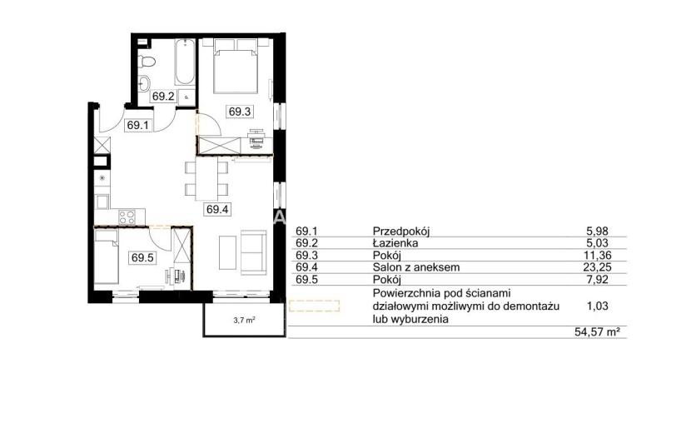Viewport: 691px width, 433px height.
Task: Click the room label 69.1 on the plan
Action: click(x=138, y=125)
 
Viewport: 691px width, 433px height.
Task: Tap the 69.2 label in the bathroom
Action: click(x=163, y=96)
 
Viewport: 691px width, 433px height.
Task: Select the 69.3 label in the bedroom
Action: click(x=240, y=112)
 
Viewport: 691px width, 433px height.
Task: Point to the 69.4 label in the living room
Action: click(x=217, y=210)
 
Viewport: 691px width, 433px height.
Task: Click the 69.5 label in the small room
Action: click(x=142, y=257)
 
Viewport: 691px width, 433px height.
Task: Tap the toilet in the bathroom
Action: click(x=147, y=62)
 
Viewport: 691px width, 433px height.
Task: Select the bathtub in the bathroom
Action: click(x=185, y=62)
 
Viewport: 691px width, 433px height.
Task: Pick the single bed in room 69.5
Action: click(x=107, y=256)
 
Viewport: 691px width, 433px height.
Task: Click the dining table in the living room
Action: click(x=206, y=179)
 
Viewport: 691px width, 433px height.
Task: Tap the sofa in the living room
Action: click(x=253, y=251)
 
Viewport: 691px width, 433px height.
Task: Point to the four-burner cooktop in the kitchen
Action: click(x=127, y=217)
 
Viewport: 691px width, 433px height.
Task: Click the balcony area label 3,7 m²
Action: click(x=245, y=321)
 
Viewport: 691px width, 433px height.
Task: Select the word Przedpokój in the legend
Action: click(x=401, y=231)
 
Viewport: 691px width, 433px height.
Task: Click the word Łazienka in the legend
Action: click(x=395, y=243)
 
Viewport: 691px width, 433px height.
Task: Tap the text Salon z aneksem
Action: click(x=416, y=267)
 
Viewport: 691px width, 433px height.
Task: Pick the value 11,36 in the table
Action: click(x=598, y=255)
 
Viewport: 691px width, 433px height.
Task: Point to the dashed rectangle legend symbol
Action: click(x=314, y=306)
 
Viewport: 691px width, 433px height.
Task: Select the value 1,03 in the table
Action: click(x=598, y=306)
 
